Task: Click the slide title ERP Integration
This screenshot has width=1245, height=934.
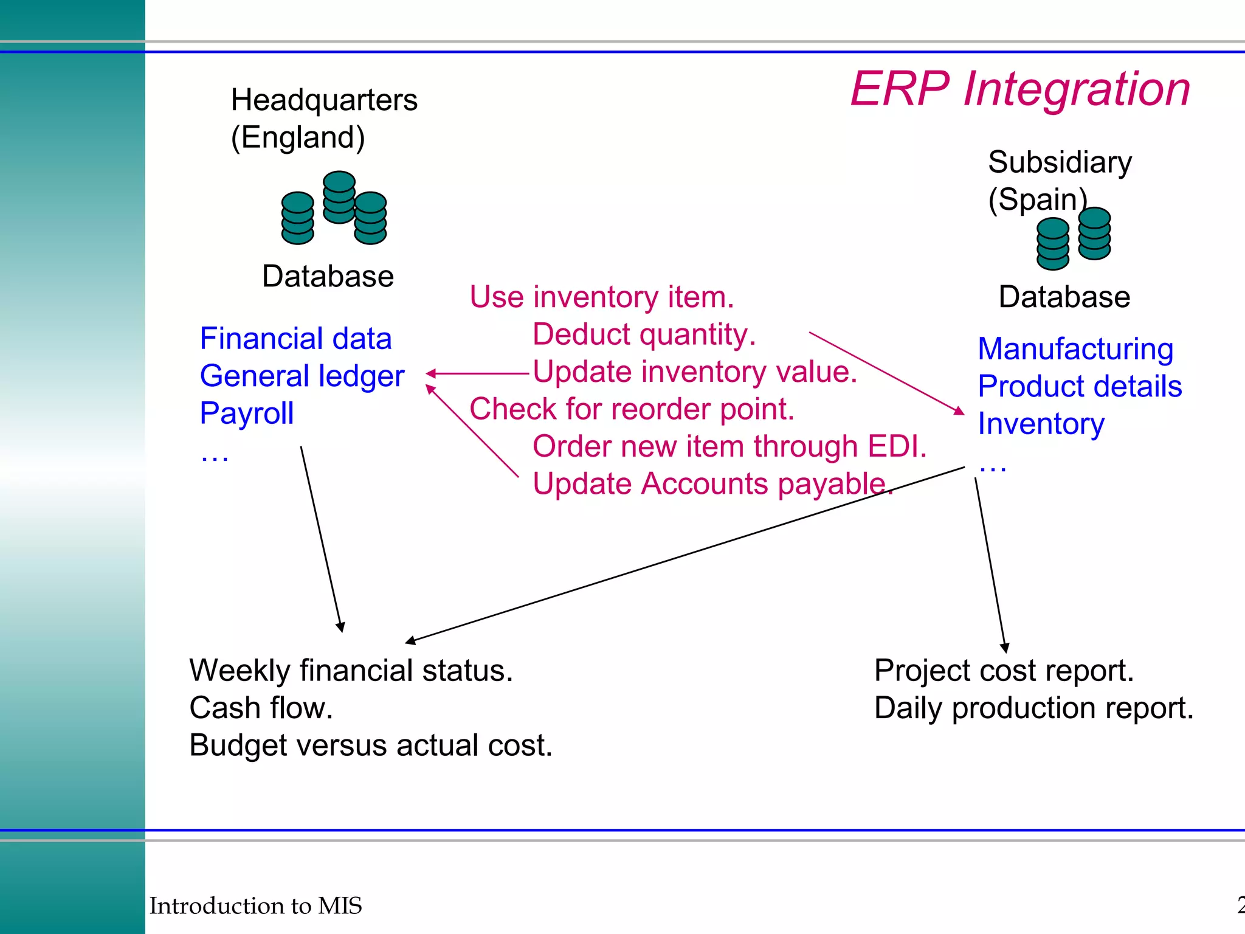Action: coord(1019,89)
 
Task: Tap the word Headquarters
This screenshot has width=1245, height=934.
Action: coord(324,100)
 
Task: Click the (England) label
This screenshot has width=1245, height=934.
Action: coord(298,137)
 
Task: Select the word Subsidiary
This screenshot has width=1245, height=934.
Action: coord(1060,162)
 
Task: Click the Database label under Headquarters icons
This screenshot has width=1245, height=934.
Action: coord(328,277)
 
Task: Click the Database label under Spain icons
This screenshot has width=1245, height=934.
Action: coord(1064,297)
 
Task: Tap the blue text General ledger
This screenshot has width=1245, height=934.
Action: coord(302,376)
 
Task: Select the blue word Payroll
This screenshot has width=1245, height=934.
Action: coord(246,413)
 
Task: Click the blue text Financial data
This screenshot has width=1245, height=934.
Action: coord(295,339)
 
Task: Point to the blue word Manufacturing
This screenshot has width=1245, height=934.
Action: coord(1075,349)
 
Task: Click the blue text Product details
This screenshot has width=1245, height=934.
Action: coord(1080,387)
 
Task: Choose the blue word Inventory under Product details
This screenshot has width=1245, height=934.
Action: coord(1041,424)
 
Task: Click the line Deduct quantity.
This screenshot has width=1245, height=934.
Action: coord(644,334)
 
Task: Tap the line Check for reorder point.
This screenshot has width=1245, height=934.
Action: coord(632,409)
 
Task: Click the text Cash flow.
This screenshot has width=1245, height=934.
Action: coord(261,708)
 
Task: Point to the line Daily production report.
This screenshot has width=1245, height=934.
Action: coord(1033,708)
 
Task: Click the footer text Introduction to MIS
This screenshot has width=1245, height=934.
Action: coord(255,906)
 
